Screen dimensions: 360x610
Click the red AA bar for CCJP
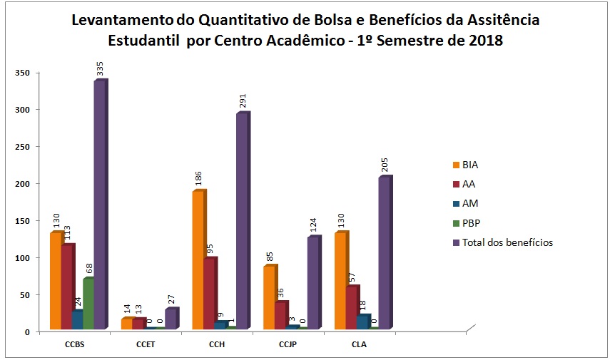[280, 316]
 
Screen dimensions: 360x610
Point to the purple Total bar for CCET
[171, 319]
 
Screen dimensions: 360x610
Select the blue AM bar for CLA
[363, 322]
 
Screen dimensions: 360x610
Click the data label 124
[315, 218]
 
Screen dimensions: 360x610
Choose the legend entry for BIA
[470, 165]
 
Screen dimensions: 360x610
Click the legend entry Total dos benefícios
[507, 242]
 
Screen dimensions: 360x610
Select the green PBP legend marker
[456, 223]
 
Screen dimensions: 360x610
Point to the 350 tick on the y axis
[26, 73]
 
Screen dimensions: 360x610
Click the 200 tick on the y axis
[26, 184]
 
